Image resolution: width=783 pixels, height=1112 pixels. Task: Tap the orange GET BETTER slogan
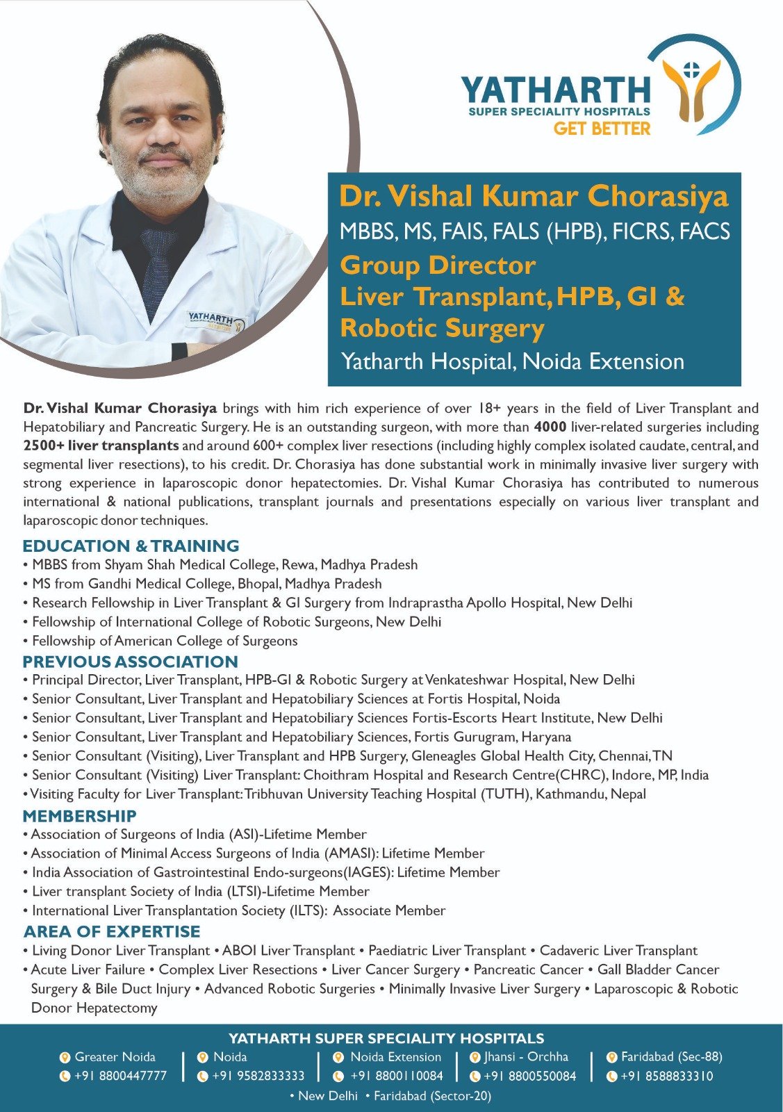602,129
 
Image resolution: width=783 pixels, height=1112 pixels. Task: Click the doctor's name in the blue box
534,197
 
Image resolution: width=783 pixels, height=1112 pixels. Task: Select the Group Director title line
438,265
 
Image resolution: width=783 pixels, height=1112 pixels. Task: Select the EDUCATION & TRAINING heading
131,546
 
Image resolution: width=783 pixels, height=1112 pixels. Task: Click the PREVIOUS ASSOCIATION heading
130,662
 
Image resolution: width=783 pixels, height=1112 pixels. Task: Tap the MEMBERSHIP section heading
79,816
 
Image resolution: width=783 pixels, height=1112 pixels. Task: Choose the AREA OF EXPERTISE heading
112,931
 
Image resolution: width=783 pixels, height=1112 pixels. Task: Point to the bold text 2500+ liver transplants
101,445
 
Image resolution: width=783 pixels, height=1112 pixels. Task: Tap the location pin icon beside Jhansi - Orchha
475,1057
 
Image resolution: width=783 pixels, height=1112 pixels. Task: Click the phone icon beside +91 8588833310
611,1077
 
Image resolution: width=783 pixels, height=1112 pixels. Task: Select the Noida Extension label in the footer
395,1057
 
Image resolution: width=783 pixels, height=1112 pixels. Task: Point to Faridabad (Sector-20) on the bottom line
432,1096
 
